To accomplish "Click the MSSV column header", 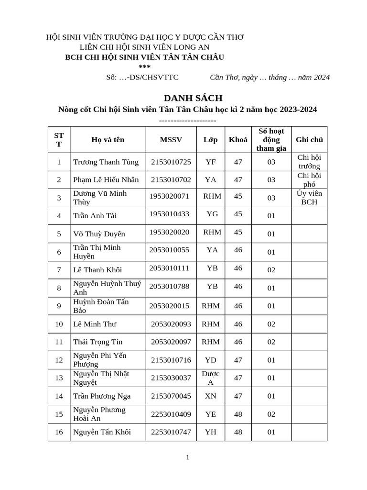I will pyautogui.click(x=171, y=140).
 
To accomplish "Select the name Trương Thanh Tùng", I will pyautogui.click(x=106, y=162).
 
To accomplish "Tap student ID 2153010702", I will pyautogui.click(x=171, y=180).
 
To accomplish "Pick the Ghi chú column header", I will pyautogui.click(x=309, y=140).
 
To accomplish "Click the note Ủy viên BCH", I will pyautogui.click(x=309, y=198).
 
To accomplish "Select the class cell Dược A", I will pyautogui.click(x=210, y=378).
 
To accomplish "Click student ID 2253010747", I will pyautogui.click(x=171, y=432).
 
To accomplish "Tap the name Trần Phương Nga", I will pyautogui.click(x=102, y=396).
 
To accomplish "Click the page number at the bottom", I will pyautogui.click(x=188, y=457).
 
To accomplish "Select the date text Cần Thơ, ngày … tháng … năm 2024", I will pyautogui.click(x=270, y=78).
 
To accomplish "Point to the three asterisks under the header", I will pyautogui.click(x=144, y=67).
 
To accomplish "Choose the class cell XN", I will pyautogui.click(x=210, y=396).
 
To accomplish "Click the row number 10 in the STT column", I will pyautogui.click(x=59, y=324).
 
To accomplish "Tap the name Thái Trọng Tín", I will pyautogui.click(x=97, y=342).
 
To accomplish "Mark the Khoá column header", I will pyautogui.click(x=238, y=140).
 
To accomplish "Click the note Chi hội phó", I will pyautogui.click(x=309, y=180).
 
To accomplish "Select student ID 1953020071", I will pyautogui.click(x=169, y=196).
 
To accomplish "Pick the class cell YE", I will pyautogui.click(x=210, y=414).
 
